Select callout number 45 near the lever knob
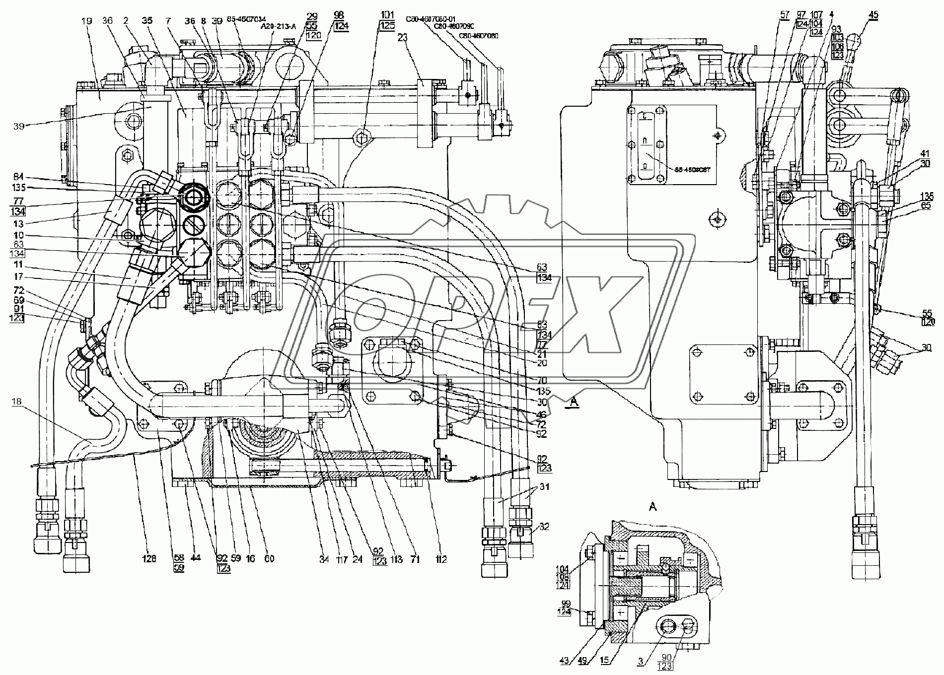coord(872,15)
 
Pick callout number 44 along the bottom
coord(195,559)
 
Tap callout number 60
coord(269,559)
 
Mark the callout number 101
coord(388,14)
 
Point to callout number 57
coord(784,15)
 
